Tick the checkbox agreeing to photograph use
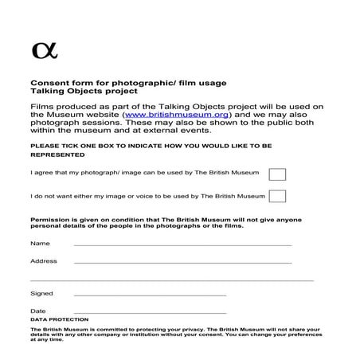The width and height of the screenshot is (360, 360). pyautogui.click(x=277, y=174)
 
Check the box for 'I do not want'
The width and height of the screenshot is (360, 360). pyautogui.click(x=277, y=196)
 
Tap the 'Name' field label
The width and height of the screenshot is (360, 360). pyautogui.click(x=40, y=243)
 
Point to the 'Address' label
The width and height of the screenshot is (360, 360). pyautogui.click(x=44, y=261)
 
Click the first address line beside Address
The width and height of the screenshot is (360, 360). pyautogui.click(x=182, y=263)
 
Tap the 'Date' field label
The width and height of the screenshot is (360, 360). pyautogui.click(x=38, y=311)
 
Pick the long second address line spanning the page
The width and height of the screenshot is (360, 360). pyautogui.click(x=171, y=280)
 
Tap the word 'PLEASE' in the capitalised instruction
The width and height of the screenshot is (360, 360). pyautogui.click(x=43, y=147)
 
